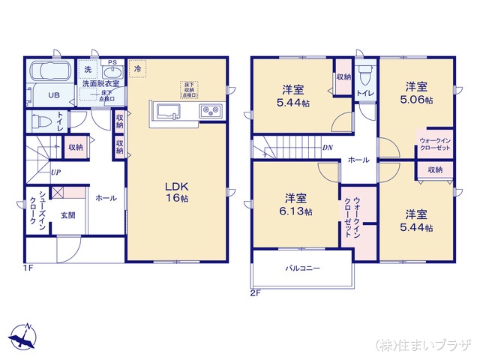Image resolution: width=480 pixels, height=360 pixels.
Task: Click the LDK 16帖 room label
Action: click(177, 192)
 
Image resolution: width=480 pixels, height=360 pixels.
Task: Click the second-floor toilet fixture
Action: click(365, 75)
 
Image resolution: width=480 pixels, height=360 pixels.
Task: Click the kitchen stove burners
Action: click(210, 112)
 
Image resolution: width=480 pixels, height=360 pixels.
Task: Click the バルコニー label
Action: click(302, 268)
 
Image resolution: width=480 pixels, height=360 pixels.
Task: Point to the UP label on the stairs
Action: click(55, 172)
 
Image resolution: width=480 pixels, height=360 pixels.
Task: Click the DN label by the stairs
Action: click(327, 148)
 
